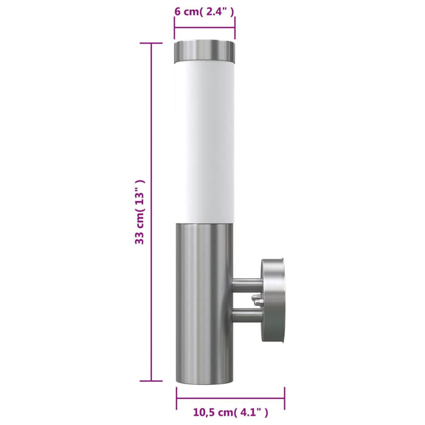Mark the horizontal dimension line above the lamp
click(x=205, y=27)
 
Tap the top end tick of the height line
click(x=151, y=44)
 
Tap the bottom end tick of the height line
click(x=151, y=381)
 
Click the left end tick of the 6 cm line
click(x=175, y=27)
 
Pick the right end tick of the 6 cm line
click(x=235, y=27)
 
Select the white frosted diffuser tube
click(x=205, y=140)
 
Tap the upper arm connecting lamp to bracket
click(x=248, y=282)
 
